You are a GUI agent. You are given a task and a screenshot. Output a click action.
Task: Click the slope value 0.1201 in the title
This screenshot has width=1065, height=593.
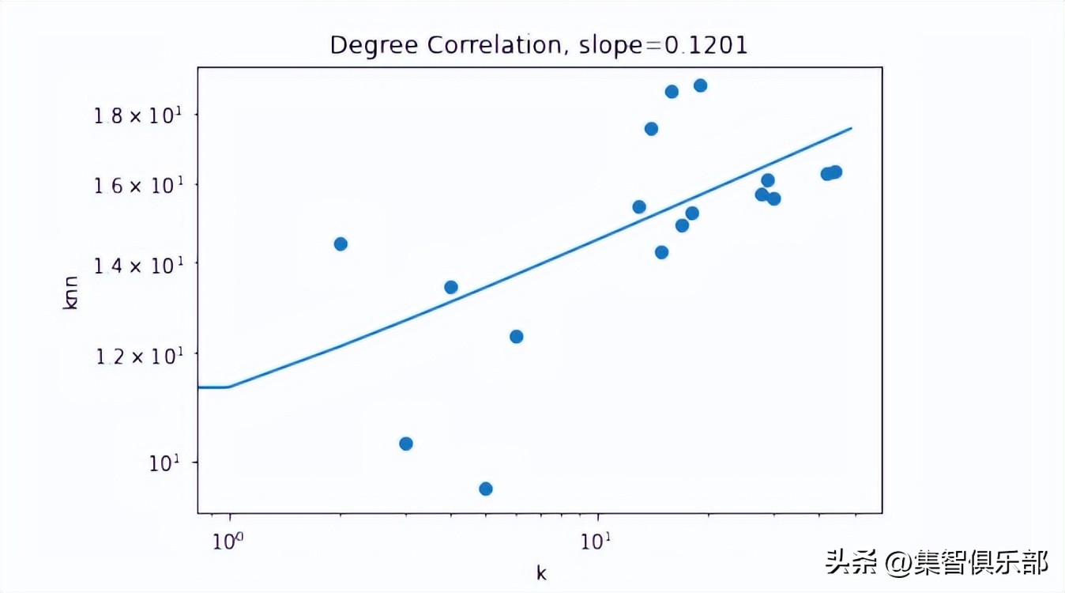(706, 45)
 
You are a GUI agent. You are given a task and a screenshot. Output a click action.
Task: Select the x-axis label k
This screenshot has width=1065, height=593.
(541, 573)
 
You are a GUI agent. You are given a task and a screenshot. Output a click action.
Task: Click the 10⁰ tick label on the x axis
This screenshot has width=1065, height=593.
(229, 543)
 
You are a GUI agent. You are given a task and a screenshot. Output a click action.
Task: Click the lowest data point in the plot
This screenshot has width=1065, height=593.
(486, 489)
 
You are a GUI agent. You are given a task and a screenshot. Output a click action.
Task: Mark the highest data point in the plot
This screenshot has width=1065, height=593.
(700, 85)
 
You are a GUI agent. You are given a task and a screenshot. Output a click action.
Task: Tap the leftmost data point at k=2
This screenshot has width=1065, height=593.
(341, 244)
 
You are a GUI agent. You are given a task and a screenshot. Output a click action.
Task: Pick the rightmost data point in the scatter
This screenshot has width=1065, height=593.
(835, 172)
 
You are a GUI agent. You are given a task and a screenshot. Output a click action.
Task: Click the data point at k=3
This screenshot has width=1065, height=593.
(406, 444)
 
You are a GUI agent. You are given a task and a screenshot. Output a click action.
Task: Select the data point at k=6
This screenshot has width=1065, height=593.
(517, 336)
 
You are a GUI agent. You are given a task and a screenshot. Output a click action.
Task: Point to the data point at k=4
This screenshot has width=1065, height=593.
(451, 287)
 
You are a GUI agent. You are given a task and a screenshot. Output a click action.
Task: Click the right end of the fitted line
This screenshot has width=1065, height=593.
(851, 128)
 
